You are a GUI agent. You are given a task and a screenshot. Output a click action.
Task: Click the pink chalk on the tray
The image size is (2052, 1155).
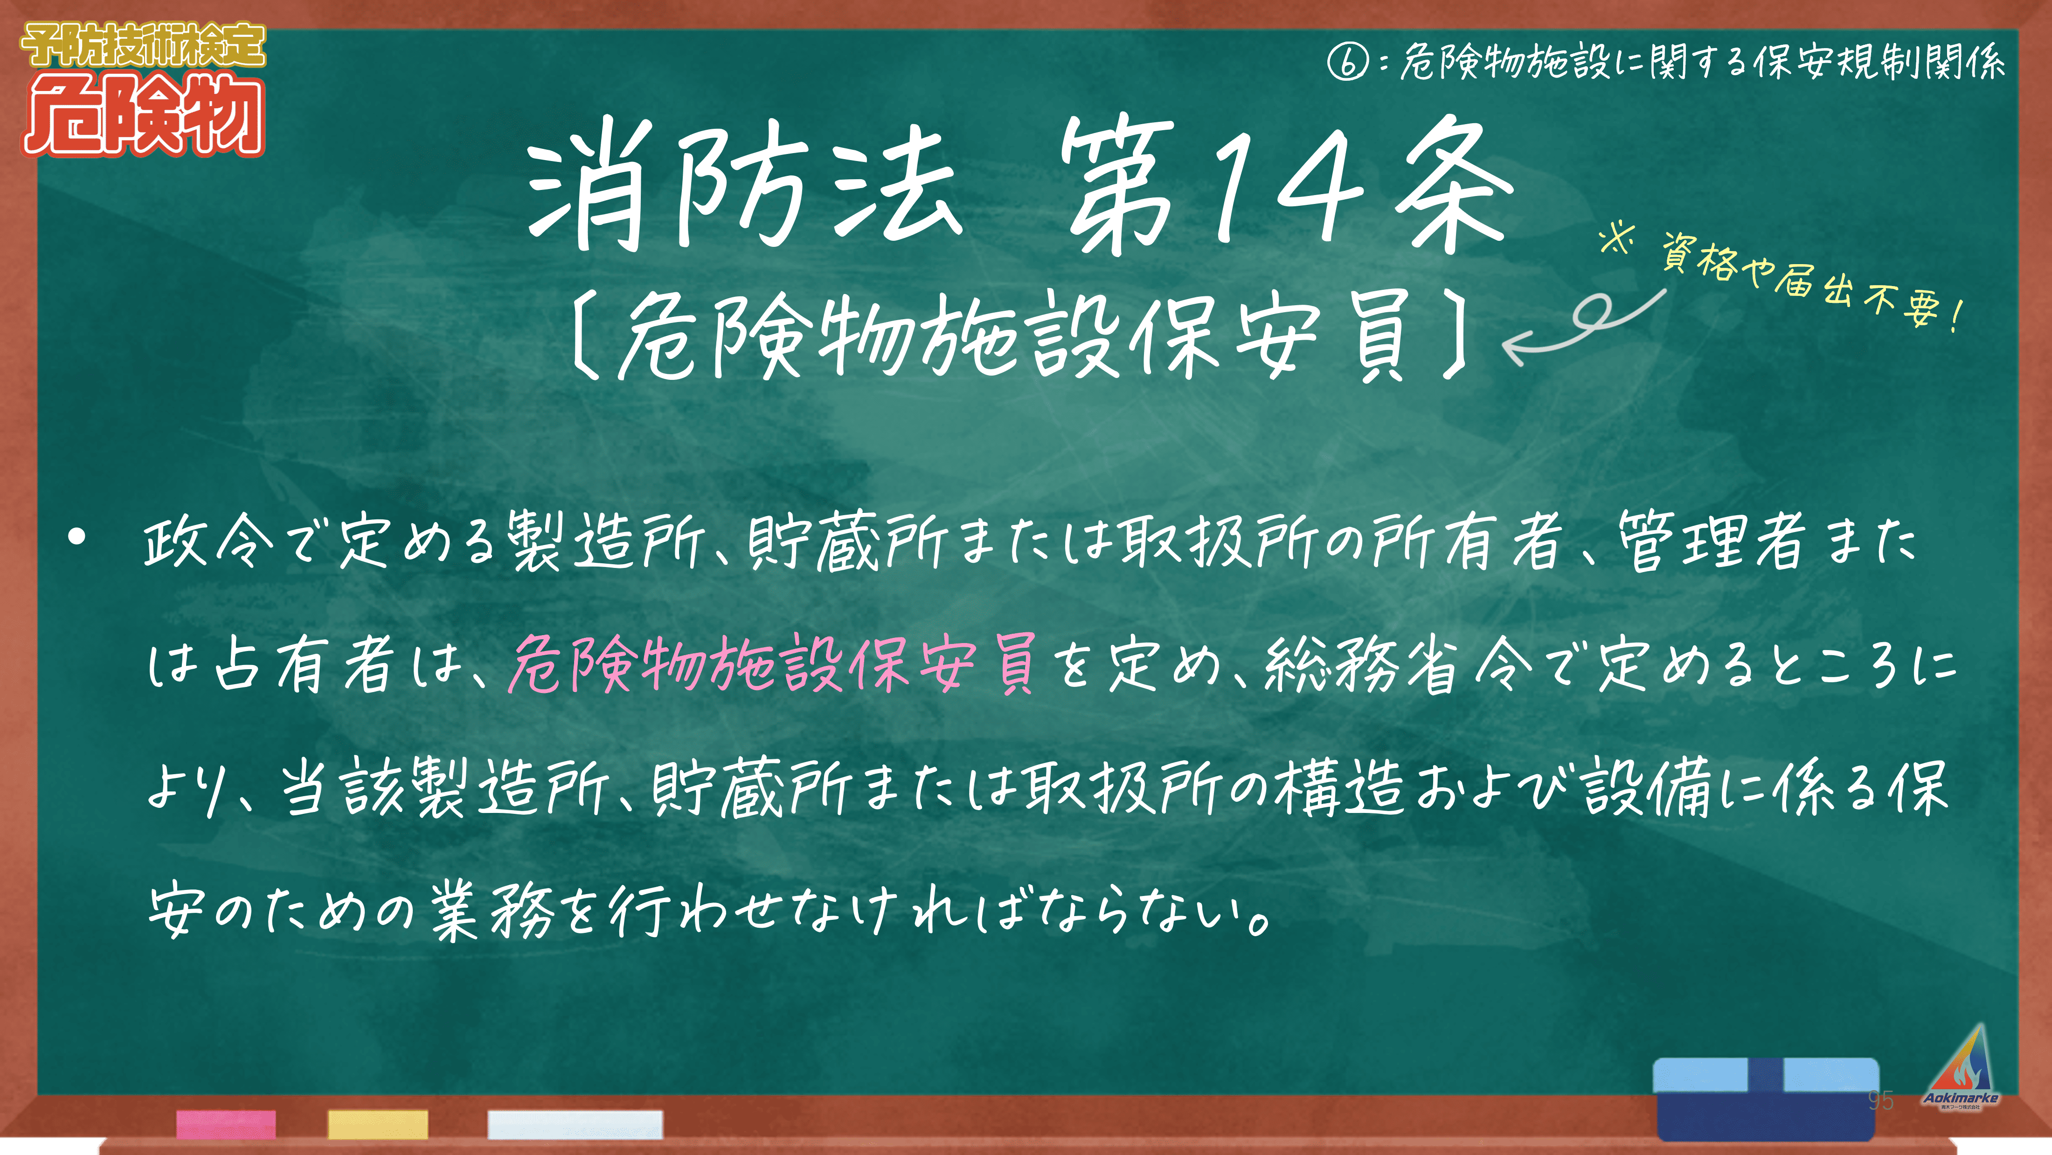226,1124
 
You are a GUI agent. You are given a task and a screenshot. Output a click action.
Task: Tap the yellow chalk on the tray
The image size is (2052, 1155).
378,1124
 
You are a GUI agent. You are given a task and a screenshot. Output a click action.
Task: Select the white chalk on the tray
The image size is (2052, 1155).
575,1124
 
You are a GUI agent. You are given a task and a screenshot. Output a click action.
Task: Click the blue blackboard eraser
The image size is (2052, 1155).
1766,1099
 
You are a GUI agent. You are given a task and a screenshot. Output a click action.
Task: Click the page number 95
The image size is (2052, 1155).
1881,1100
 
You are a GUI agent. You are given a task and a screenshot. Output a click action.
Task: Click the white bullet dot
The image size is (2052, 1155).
76,537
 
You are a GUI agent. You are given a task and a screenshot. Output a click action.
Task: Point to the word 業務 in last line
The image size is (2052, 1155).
492,910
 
